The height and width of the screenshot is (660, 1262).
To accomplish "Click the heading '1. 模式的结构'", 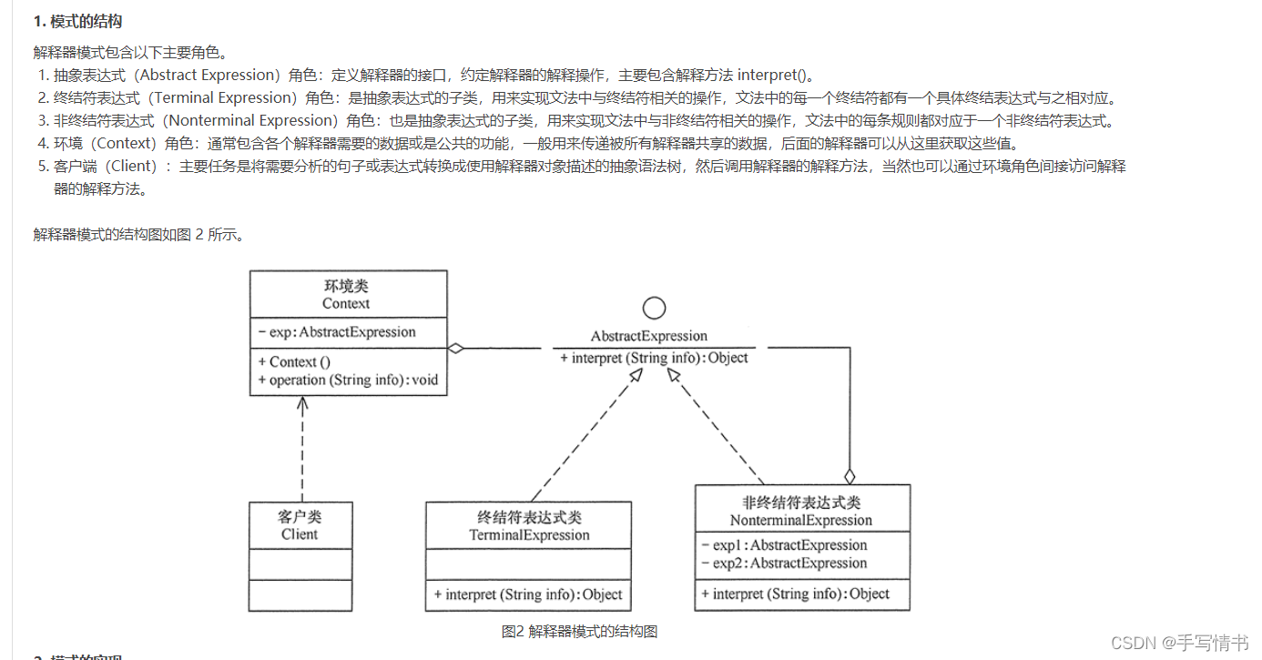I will point(77,21).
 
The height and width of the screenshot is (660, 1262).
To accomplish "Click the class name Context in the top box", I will point(346,303).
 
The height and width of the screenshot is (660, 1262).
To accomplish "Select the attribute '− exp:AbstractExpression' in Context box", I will point(337,332).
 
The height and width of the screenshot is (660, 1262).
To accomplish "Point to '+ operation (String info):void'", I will point(348,380).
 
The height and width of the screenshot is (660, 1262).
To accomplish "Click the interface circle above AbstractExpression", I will point(654,309).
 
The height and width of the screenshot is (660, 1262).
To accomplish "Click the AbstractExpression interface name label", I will point(649,336).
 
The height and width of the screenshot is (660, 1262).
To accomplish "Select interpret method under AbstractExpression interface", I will point(654,358).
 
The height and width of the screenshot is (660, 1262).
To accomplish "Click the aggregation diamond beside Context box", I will point(456,348).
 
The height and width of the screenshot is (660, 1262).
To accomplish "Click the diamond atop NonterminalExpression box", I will point(850,475).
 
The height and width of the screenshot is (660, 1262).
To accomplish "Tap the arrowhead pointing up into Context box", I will point(303,403).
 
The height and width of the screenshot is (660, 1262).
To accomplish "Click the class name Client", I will point(300,534).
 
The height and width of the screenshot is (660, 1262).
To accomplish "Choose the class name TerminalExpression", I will point(529,535).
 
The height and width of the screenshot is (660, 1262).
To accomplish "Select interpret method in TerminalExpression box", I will point(528,594).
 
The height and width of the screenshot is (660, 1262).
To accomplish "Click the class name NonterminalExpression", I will point(801,521).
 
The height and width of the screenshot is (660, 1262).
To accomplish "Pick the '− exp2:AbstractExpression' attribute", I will point(784,564).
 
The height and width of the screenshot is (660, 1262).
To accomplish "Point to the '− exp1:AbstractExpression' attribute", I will point(784,545).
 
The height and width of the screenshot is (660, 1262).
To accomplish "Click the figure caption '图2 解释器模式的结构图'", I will point(579,632).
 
